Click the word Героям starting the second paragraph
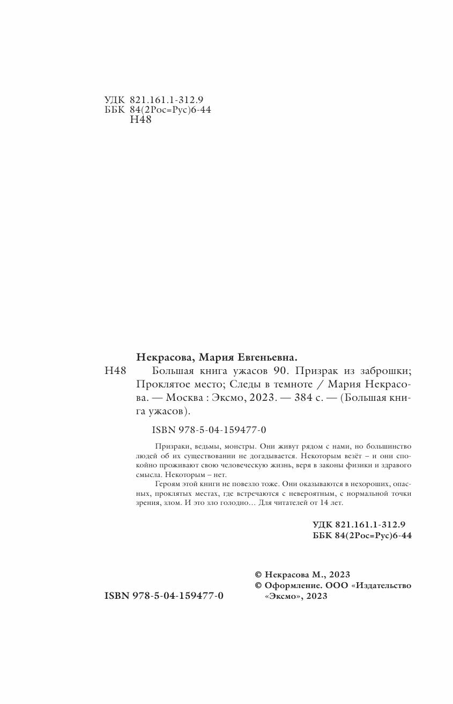[x=166, y=484]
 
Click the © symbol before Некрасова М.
[x=258, y=574]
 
